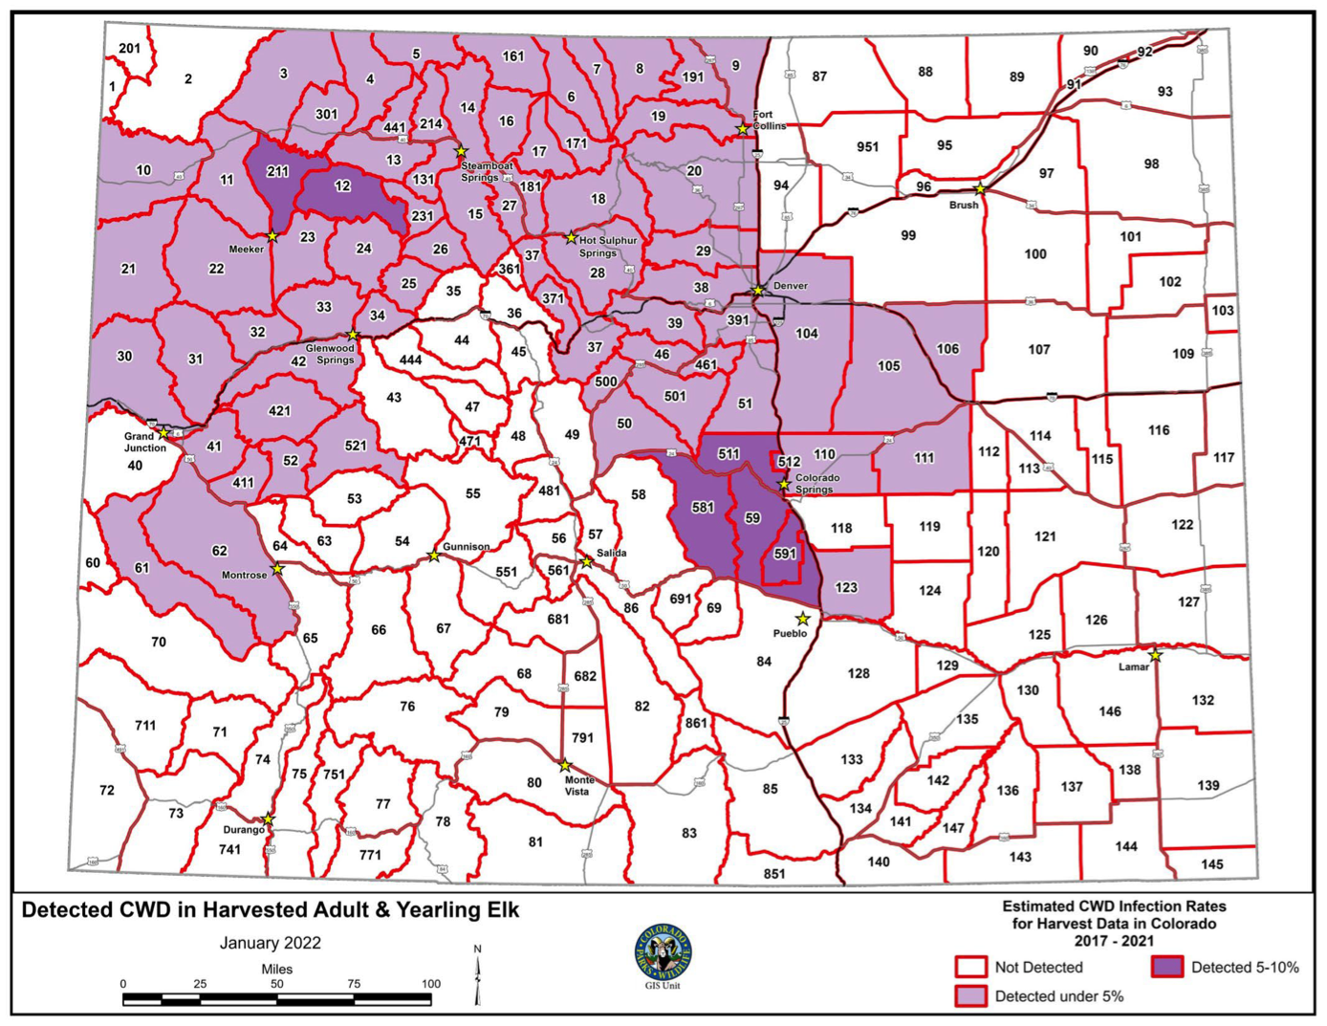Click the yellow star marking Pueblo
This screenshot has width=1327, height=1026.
[x=802, y=619]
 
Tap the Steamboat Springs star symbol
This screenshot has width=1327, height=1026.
[x=461, y=151]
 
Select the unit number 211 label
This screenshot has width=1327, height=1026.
[x=277, y=171]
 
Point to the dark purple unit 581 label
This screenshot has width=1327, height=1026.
[x=703, y=507]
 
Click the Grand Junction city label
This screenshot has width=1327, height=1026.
[x=144, y=442]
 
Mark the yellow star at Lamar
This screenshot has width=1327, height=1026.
[x=1155, y=655]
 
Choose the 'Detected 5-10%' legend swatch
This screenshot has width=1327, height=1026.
[x=1166, y=967]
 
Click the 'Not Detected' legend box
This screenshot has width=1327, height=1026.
[x=970, y=967]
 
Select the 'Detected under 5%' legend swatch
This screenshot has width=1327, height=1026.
[x=970, y=995]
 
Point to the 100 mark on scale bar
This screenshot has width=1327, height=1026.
[x=431, y=983]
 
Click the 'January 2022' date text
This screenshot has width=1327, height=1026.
[x=271, y=943]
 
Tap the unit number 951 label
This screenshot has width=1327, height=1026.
[x=867, y=146]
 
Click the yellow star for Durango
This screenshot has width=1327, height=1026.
[x=269, y=819]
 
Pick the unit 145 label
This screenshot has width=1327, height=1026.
[x=1211, y=863]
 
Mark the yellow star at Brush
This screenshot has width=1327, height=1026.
[x=980, y=189]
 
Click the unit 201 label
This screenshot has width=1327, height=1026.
[x=129, y=48]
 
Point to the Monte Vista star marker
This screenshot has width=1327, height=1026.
[x=565, y=766]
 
